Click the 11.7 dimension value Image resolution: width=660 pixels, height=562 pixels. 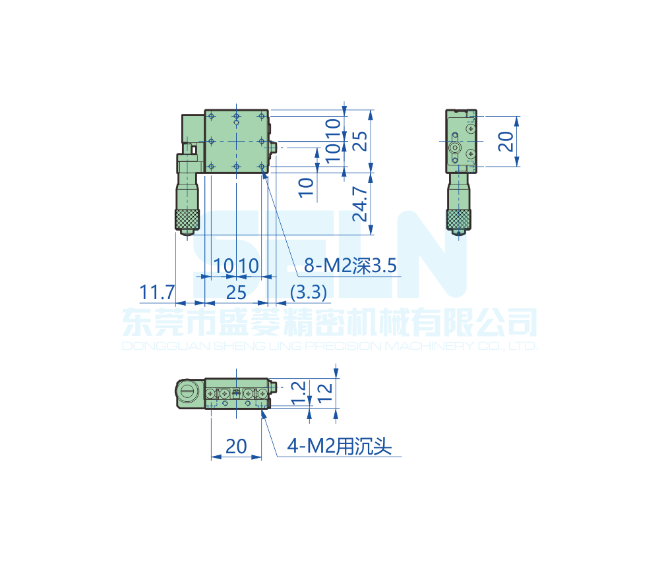tap(157, 291)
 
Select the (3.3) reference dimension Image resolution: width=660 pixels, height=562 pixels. tap(309, 291)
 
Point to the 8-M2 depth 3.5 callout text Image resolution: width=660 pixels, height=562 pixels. tap(350, 266)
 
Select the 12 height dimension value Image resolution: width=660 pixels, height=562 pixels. tap(325, 393)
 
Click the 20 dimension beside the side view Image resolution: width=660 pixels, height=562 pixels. tap(506, 142)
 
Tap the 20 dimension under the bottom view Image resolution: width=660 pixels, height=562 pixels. tap(236, 447)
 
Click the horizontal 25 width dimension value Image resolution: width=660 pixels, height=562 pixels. tap(236, 291)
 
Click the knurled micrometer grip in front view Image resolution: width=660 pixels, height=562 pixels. tap(187, 219)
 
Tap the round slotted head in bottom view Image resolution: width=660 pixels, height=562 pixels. tap(187, 394)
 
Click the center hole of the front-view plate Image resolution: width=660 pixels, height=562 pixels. tap(236, 141)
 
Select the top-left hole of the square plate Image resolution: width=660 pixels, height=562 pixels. tap(212, 117)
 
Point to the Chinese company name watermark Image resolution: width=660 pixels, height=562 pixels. tap(330, 323)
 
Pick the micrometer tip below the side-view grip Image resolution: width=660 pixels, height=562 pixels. tap(459, 232)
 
